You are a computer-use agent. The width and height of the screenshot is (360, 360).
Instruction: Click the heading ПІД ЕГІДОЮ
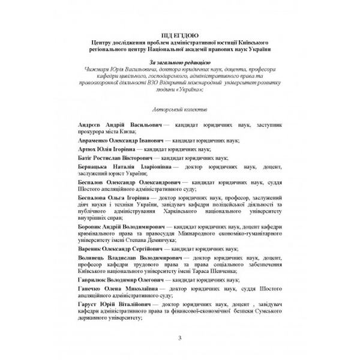(179, 35)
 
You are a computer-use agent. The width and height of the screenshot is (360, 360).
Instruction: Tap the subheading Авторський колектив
(180, 110)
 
